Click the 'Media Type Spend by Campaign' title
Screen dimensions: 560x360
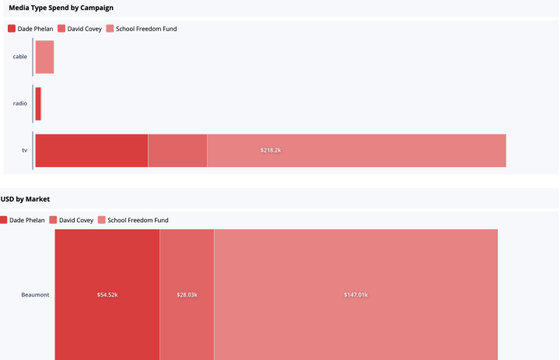61,8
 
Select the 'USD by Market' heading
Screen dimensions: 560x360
25,199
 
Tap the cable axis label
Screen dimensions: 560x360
20,57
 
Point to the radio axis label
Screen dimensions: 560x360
20,103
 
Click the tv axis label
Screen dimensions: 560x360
25,150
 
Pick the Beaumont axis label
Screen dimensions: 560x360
35,295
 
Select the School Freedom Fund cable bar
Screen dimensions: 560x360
44,57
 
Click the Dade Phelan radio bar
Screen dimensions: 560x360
38,104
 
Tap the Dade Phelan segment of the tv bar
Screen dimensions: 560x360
92,151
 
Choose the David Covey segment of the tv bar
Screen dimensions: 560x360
177,151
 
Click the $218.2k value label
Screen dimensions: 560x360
271,150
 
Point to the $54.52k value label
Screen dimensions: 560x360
107,295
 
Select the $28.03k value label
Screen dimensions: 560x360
187,295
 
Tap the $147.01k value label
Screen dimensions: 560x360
356,295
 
